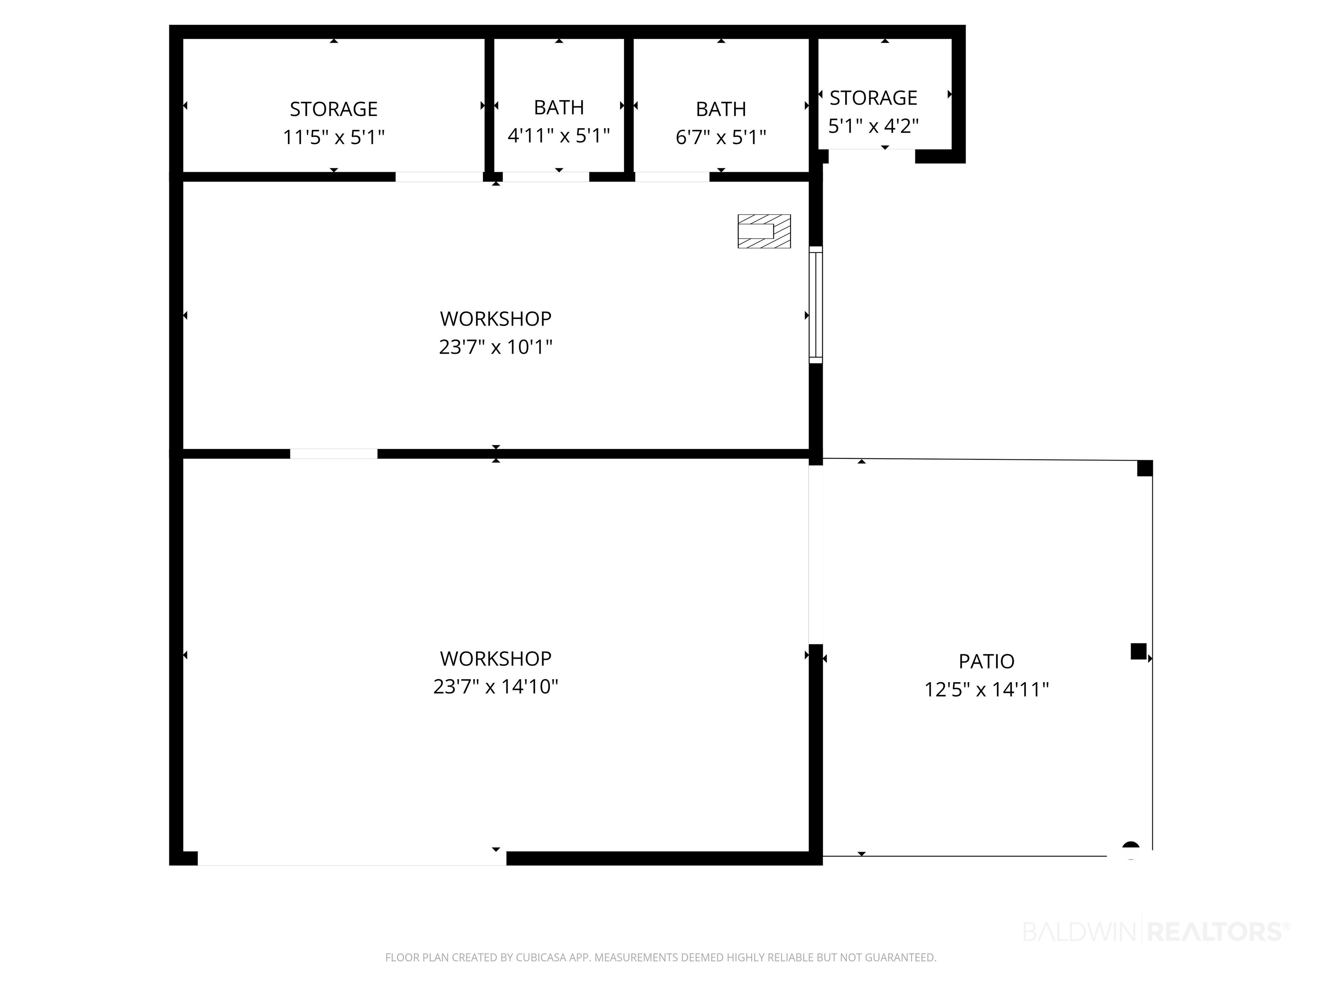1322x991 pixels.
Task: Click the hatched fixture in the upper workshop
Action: point(764,231)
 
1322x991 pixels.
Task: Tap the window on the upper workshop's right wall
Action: point(815,305)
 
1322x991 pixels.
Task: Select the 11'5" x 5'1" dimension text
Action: point(334,137)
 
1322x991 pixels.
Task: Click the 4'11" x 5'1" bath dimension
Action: point(559,135)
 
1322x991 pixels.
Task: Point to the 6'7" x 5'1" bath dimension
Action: point(721,137)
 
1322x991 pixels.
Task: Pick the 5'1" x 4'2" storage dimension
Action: point(873,126)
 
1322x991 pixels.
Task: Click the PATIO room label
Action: point(987,661)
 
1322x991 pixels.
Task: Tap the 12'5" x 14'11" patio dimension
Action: point(987,690)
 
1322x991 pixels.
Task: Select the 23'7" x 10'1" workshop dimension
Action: point(495,347)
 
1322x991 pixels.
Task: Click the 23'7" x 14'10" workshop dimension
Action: point(495,687)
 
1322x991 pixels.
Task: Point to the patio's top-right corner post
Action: point(1145,468)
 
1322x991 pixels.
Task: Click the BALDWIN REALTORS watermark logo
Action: point(1156,931)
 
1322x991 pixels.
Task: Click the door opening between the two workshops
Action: point(334,454)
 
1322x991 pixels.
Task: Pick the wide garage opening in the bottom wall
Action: point(352,859)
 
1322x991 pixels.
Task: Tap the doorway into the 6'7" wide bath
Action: point(672,177)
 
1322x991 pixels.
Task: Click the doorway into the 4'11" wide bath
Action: point(546,177)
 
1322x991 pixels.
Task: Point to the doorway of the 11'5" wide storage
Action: point(439,177)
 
